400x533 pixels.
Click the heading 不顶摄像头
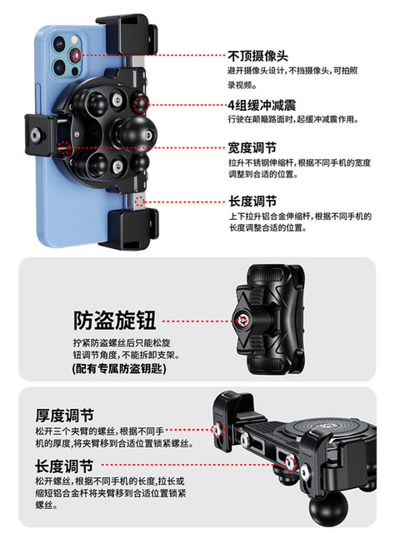258,56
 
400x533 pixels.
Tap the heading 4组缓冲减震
263,105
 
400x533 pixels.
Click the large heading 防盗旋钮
117,319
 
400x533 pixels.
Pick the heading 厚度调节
64,415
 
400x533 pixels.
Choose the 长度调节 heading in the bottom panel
64,466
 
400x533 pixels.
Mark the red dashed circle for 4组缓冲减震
141,104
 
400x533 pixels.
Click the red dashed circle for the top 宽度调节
65,148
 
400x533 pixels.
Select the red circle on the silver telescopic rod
139,202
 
